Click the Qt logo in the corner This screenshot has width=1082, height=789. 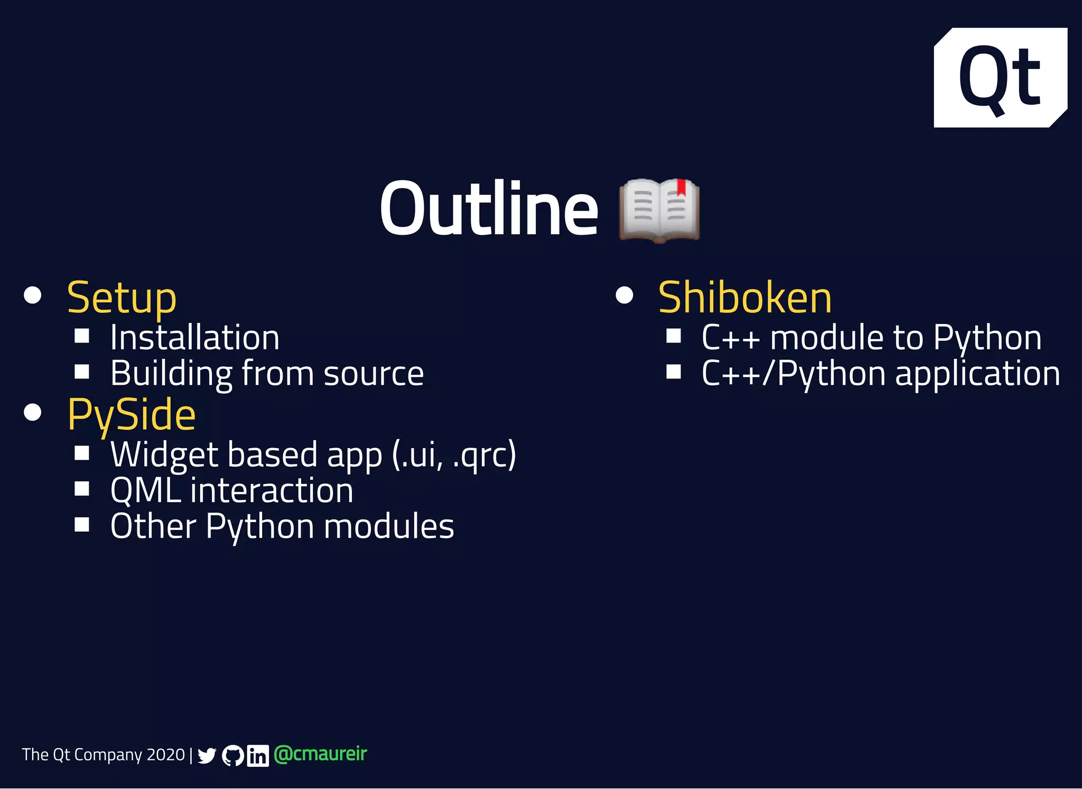pos(1000,77)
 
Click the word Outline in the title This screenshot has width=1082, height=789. pos(489,209)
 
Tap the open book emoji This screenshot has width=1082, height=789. pos(659,210)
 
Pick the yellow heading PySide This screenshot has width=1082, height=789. pos(132,415)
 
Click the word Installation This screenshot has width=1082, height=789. pos(194,338)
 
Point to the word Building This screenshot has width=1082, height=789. pos(171,374)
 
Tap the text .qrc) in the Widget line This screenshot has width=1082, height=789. pos(484,455)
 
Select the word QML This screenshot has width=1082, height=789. pos(145,491)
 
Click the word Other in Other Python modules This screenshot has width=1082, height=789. pos(153,526)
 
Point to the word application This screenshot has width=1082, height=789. pos(977,374)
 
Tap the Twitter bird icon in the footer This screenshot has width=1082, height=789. pos(207,756)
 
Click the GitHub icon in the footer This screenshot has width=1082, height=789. pos(233,756)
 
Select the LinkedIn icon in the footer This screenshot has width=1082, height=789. pos(258,756)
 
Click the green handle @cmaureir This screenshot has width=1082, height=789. pos(320,754)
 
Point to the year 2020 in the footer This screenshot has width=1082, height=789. pos(165,755)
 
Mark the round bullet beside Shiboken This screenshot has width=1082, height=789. pos(624,295)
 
